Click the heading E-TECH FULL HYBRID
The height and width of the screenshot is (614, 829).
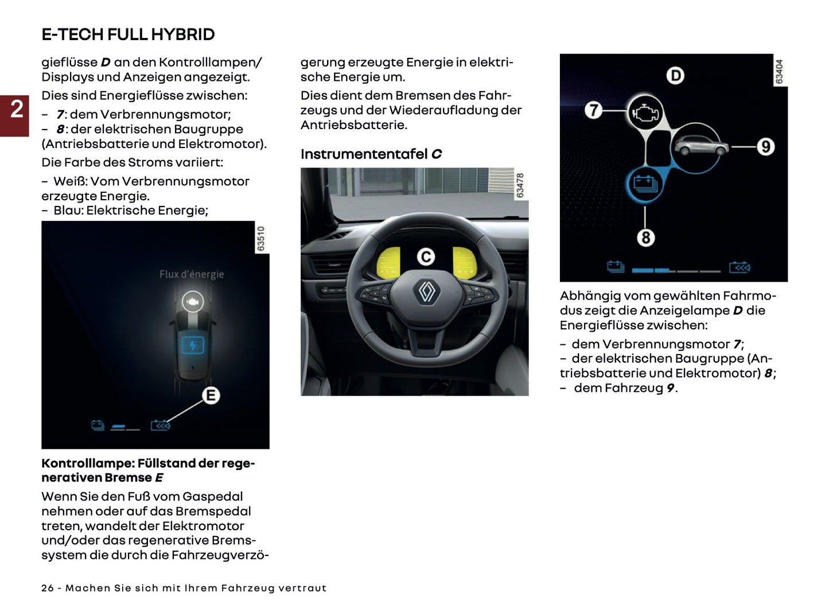(x=128, y=34)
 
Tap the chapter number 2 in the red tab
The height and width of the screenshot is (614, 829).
(x=17, y=109)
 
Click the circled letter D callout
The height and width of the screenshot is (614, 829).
(x=675, y=76)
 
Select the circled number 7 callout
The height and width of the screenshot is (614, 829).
(x=594, y=110)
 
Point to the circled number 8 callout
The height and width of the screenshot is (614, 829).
(x=645, y=237)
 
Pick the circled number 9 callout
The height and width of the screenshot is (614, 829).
(x=765, y=147)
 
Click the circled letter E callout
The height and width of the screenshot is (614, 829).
(x=211, y=395)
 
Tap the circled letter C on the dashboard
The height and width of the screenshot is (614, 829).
(x=426, y=257)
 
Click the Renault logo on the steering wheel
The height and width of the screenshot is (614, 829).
(x=426, y=292)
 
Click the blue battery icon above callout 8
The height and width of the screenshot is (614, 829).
(x=645, y=184)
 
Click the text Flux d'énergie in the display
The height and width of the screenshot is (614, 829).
(x=192, y=274)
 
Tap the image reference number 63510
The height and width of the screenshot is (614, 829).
(x=261, y=238)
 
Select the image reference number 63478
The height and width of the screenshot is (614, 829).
(x=520, y=185)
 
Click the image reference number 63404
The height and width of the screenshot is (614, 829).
(x=779, y=71)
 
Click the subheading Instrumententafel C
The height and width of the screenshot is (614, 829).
(x=371, y=154)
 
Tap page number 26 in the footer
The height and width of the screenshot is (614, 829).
(x=48, y=588)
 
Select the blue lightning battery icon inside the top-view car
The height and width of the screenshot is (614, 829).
(x=193, y=345)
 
